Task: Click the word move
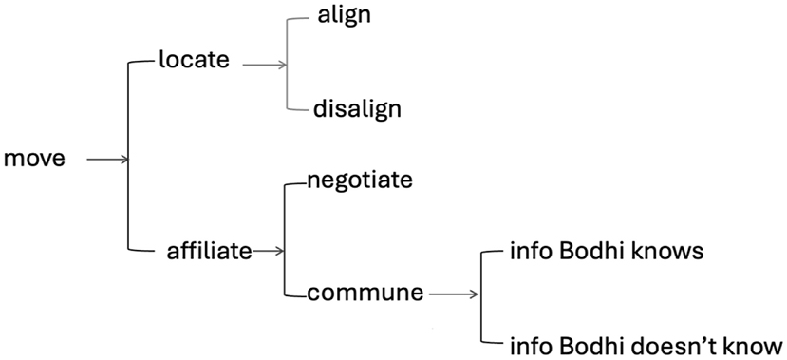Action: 35,159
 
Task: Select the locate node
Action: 196,60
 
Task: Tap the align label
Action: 345,15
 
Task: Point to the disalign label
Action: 357,108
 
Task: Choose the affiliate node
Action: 209,251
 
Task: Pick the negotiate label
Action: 360,180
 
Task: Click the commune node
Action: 365,294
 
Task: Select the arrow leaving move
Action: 106,160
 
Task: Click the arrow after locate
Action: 264,65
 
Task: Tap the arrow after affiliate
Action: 269,251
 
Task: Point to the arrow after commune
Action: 454,294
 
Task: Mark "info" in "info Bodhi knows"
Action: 527,252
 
